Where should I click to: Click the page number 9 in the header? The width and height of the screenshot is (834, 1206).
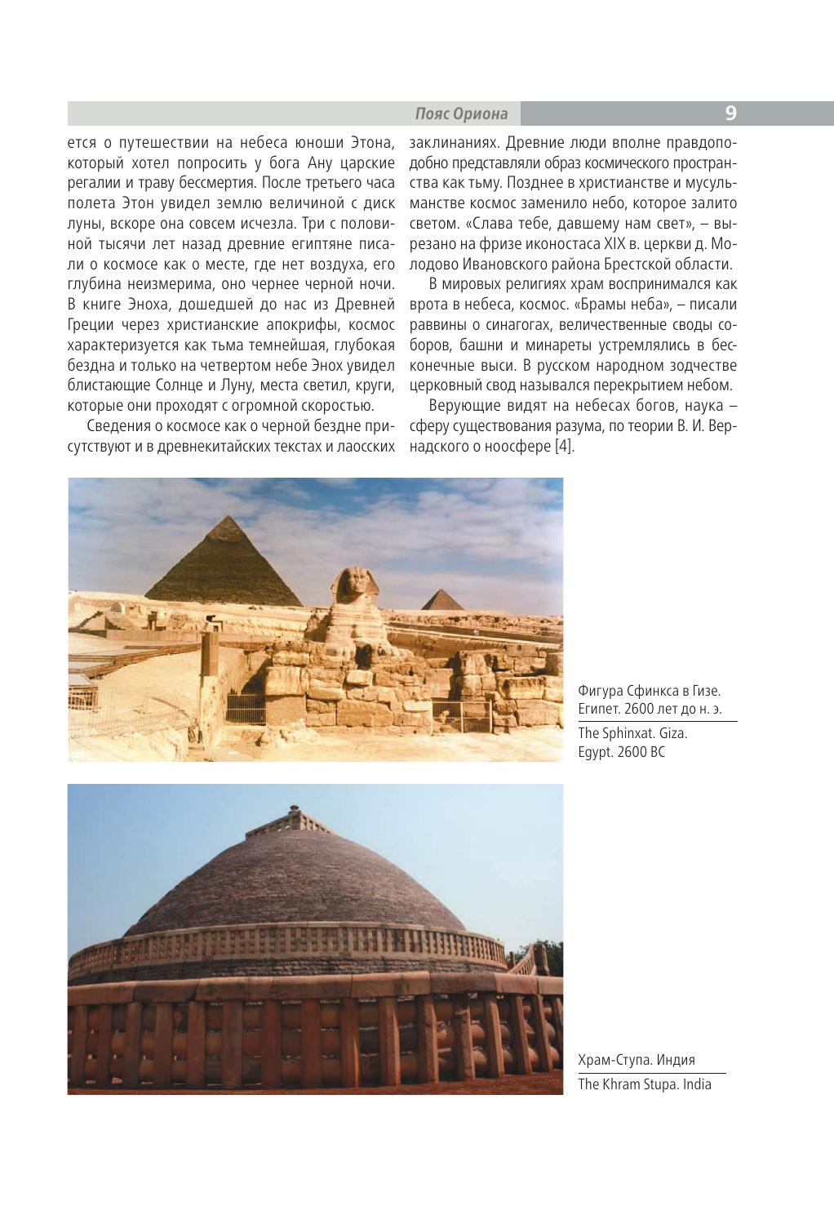pyautogui.click(x=730, y=113)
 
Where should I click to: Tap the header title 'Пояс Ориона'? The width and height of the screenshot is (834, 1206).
pyautogui.click(x=461, y=113)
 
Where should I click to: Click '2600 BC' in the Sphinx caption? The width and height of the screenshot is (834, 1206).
pyautogui.click(x=641, y=752)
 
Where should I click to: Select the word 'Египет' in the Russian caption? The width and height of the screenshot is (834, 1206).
pyautogui.click(x=598, y=709)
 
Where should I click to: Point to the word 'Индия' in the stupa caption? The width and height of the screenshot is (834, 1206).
pyautogui.click(x=675, y=1060)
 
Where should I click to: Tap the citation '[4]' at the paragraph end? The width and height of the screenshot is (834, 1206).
pyautogui.click(x=565, y=446)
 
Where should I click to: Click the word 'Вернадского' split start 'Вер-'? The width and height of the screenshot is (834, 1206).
pyautogui.click(x=723, y=426)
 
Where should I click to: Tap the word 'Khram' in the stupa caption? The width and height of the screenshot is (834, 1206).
pyautogui.click(x=618, y=1084)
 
